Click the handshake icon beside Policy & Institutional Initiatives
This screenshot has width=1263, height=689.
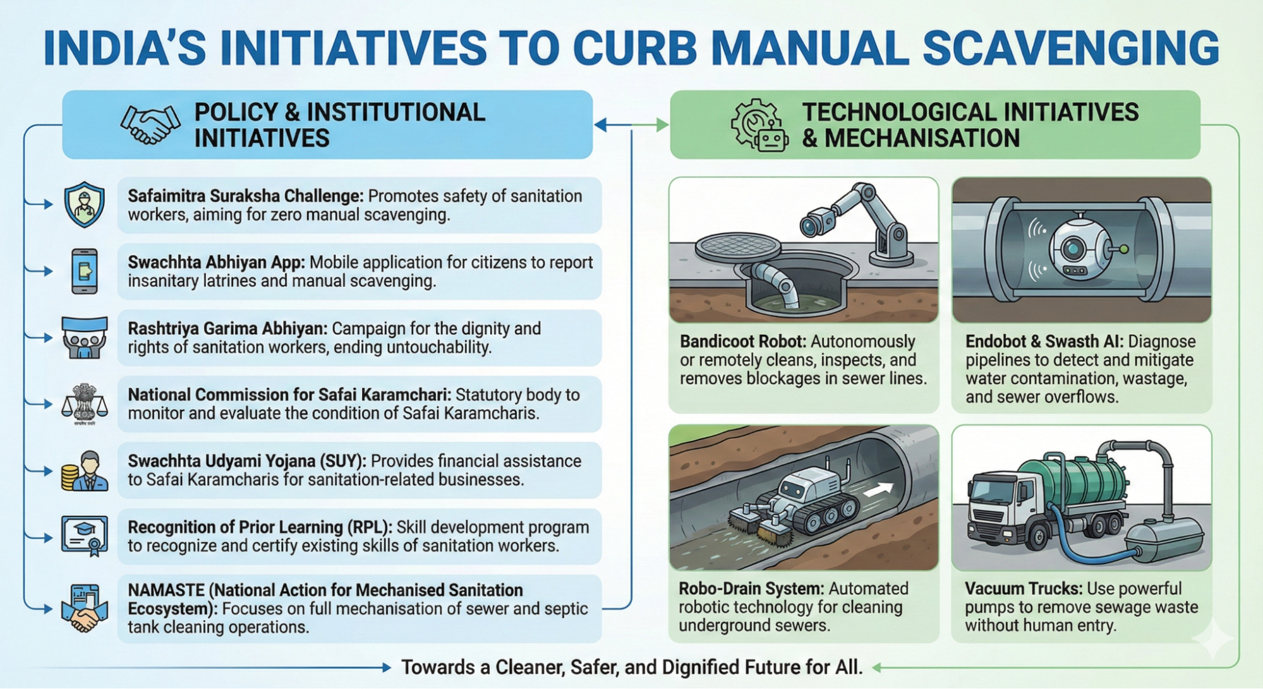[x=150, y=124]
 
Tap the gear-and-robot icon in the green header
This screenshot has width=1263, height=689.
[x=759, y=125]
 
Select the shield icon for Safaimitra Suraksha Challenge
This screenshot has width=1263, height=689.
[x=85, y=205]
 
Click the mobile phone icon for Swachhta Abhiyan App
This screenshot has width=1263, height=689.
[x=85, y=271]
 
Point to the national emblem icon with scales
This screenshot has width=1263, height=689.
[x=85, y=403]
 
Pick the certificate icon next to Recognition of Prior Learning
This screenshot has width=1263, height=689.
[x=85, y=536]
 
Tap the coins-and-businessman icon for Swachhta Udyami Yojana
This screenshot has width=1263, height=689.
[x=85, y=470]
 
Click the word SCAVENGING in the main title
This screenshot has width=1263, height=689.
[x=1070, y=48]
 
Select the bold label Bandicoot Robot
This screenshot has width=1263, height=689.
[x=742, y=342]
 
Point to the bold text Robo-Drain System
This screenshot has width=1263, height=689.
[x=751, y=589]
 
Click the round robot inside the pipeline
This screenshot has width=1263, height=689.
[x=1079, y=249]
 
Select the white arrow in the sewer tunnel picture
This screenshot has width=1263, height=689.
[x=881, y=489]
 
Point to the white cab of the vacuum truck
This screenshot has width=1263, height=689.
[x=996, y=505]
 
